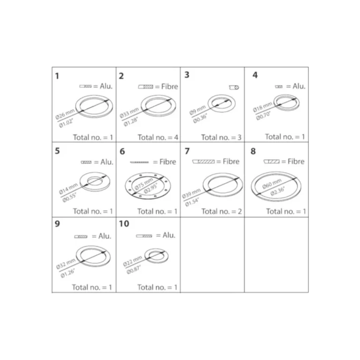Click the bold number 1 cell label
(x=57, y=76)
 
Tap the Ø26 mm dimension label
(x=65, y=114)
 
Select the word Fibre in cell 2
(x=169, y=86)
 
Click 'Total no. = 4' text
(x=157, y=137)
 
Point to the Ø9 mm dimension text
(x=197, y=111)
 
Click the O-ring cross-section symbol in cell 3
(x=234, y=88)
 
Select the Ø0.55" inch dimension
(x=69, y=198)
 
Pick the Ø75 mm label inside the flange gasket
(x=144, y=184)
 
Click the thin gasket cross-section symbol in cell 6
(x=139, y=162)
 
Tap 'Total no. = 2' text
(x=222, y=211)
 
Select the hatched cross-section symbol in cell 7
(x=203, y=162)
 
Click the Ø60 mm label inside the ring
(x=272, y=184)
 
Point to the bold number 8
(x=253, y=151)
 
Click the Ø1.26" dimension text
(x=67, y=273)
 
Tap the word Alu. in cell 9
(x=105, y=236)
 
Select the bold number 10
(x=124, y=224)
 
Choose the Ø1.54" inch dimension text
(x=192, y=202)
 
